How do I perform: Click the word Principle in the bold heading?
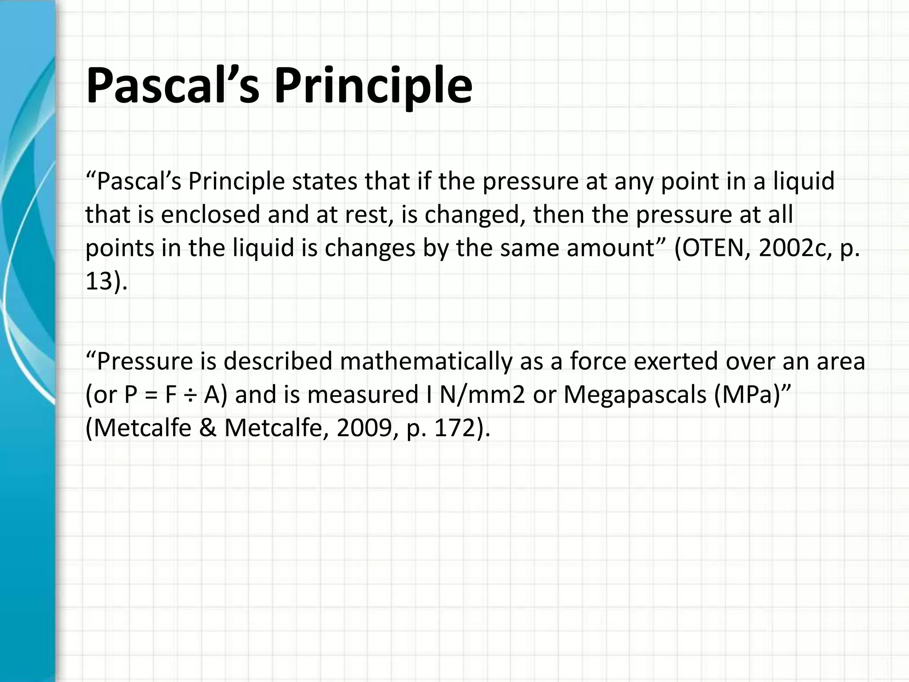[373, 85]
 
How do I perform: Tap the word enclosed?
[210, 214]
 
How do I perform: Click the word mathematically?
[426, 361]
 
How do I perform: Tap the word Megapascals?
[635, 394]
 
